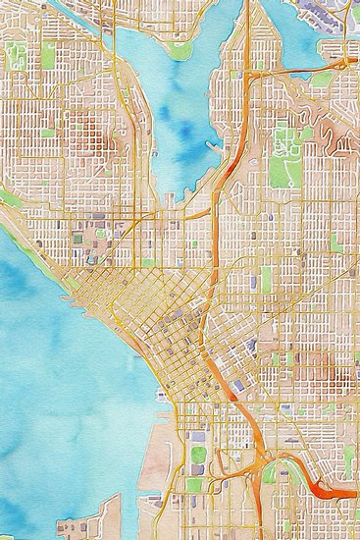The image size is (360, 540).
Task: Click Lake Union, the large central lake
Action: tap(181, 118)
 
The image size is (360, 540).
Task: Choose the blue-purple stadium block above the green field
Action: tap(197, 437)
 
